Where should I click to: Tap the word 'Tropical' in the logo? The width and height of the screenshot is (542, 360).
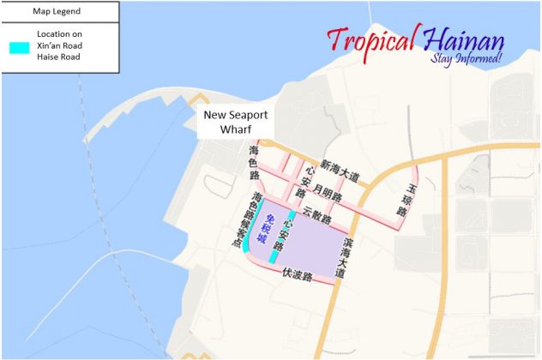click(x=371, y=39)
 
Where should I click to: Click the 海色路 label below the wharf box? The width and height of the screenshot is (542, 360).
click(x=254, y=162)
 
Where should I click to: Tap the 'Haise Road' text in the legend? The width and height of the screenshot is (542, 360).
click(x=59, y=57)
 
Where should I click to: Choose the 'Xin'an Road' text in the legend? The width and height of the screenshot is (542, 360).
click(x=59, y=45)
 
